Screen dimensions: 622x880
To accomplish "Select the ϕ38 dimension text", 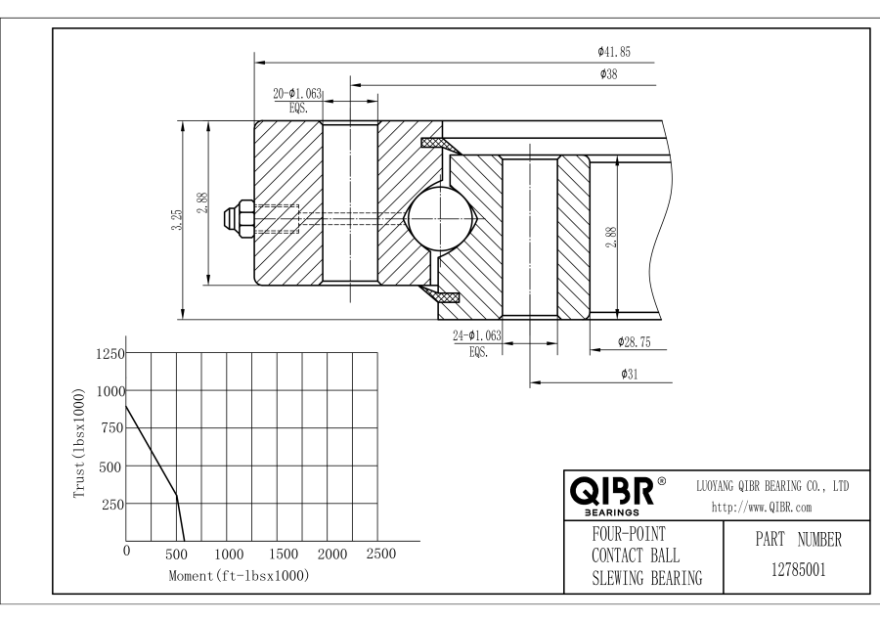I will click(608, 74).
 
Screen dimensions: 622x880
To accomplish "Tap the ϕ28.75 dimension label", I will click(635, 341).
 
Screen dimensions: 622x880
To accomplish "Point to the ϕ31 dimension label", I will click(630, 374).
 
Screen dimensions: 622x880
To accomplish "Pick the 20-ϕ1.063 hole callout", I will click(297, 94).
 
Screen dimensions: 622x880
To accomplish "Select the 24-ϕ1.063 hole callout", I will click(477, 336).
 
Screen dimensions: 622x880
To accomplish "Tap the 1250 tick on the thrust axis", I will click(109, 354).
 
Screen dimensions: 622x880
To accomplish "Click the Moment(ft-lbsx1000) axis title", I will click(239, 576).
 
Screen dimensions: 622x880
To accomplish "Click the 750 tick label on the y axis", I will click(112, 428).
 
